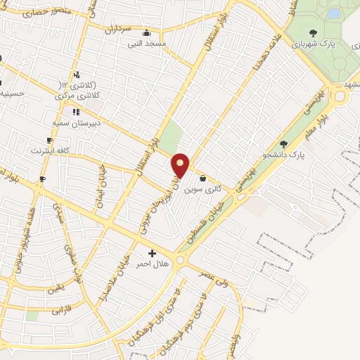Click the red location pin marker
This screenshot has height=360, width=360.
(x=181, y=165)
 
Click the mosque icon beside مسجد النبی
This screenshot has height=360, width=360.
(x=146, y=32)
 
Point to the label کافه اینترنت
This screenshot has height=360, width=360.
(x=50, y=150)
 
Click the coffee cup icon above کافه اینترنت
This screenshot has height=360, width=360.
(x=49, y=140)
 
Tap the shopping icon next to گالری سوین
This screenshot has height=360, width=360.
(x=203, y=178)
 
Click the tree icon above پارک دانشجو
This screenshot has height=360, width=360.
(x=284, y=143)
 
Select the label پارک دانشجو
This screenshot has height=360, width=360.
(x=284, y=154)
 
